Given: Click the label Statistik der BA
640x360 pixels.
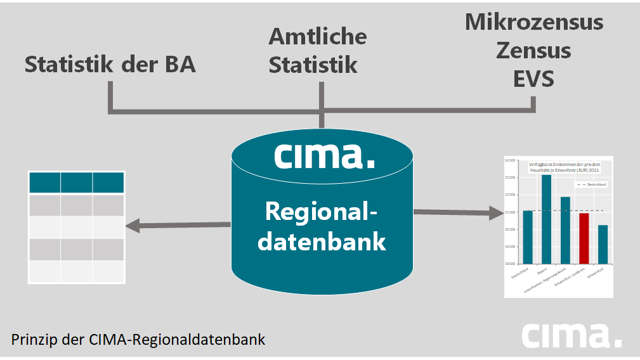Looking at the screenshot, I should (110, 65).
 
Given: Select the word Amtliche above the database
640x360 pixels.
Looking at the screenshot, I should (317, 37).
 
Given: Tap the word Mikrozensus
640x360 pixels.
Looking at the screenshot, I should (533, 22).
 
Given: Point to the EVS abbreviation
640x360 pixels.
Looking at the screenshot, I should (533, 79).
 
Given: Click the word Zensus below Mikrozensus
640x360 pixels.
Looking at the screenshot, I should (533, 51).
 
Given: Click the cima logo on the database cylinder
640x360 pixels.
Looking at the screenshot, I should (324, 155).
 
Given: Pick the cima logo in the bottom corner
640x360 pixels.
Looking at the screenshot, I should (571, 335).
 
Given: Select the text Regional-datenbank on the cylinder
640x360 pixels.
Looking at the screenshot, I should (324, 226).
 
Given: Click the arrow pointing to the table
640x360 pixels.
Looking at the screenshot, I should (178, 224).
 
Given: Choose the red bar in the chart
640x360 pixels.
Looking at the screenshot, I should (584, 238).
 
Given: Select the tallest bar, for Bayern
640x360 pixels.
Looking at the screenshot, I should (546, 219).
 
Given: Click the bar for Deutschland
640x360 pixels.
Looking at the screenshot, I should (528, 237).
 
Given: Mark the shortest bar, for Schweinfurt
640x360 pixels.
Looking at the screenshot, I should (603, 244).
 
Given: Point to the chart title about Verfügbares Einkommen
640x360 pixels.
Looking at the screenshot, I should (564, 167).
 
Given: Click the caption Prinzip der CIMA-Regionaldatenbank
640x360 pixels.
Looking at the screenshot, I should (138, 339).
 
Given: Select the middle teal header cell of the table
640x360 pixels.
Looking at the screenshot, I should (76, 183).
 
